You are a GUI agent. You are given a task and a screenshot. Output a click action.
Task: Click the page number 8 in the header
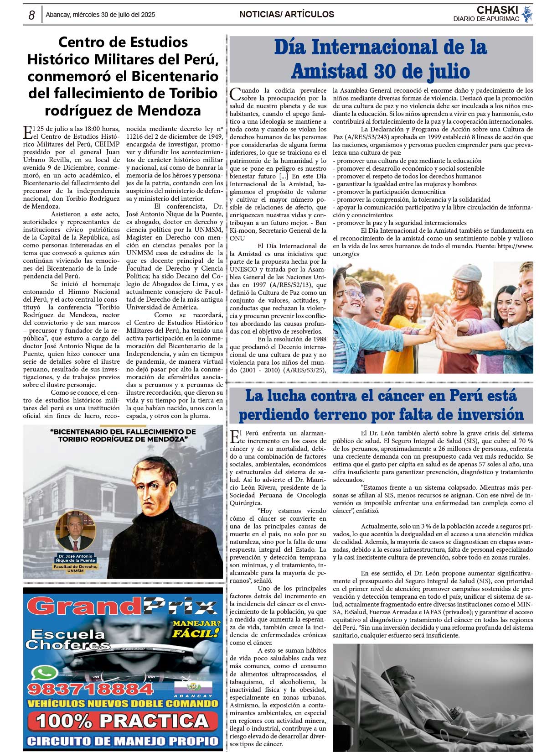(31, 15)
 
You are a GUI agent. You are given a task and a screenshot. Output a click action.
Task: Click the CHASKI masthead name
(497, 10)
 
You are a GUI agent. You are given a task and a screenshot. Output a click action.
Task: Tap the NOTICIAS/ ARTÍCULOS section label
(287, 15)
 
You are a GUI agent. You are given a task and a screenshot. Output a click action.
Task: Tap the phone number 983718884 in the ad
(91, 689)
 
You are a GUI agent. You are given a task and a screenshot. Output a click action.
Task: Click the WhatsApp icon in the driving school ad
(44, 673)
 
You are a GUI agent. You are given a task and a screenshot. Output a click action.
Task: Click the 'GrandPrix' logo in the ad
(122, 607)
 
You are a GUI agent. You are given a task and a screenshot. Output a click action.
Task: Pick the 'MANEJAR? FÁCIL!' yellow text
(196, 629)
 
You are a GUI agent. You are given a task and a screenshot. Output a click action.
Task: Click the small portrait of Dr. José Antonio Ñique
(75, 532)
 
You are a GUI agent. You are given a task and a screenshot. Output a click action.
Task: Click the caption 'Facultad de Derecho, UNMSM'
(75, 568)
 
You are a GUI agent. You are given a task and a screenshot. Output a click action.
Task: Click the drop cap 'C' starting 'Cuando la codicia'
(235, 94)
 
